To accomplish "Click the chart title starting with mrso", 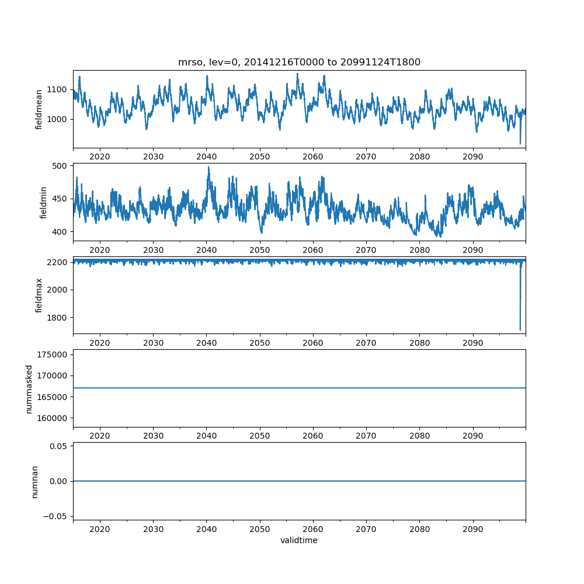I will [x=299, y=62].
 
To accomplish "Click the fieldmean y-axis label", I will [x=39, y=109].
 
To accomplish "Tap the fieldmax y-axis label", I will [x=39, y=295].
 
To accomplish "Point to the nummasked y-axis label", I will [x=29, y=388].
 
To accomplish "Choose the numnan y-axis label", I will [x=34, y=481].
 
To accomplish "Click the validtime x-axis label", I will [x=299, y=541].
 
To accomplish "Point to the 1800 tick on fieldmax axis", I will [x=59, y=318].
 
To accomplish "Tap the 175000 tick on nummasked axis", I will [x=52, y=354].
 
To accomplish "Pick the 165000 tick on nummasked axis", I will [x=52, y=397].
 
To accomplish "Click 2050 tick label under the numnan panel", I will [x=260, y=530].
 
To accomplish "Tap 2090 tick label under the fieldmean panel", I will [x=472, y=157].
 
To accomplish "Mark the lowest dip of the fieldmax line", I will [x=520, y=330].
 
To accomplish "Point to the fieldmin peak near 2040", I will [x=208, y=167].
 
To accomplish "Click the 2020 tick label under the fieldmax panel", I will [x=100, y=343].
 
